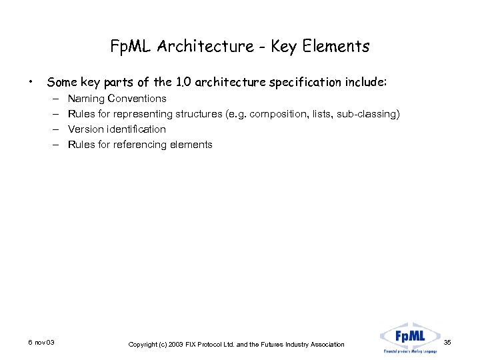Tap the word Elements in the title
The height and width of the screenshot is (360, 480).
337,46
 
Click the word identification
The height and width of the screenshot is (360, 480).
137,129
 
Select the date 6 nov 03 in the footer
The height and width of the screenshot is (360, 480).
41,343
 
